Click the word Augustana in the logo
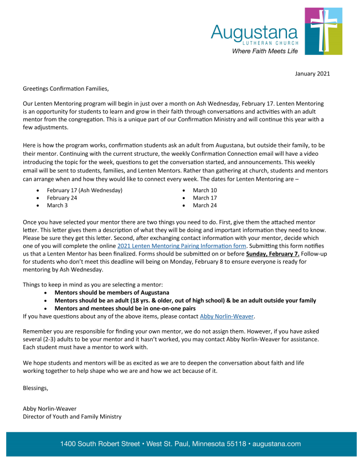[254, 32]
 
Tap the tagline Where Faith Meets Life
[264, 50]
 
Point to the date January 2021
[313, 74]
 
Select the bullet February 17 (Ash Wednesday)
[84, 190]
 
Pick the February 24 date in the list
[61, 198]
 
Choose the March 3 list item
[58, 206]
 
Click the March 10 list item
[204, 190]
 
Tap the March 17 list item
[204, 198]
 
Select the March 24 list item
[204, 206]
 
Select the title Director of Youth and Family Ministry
[72, 416]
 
